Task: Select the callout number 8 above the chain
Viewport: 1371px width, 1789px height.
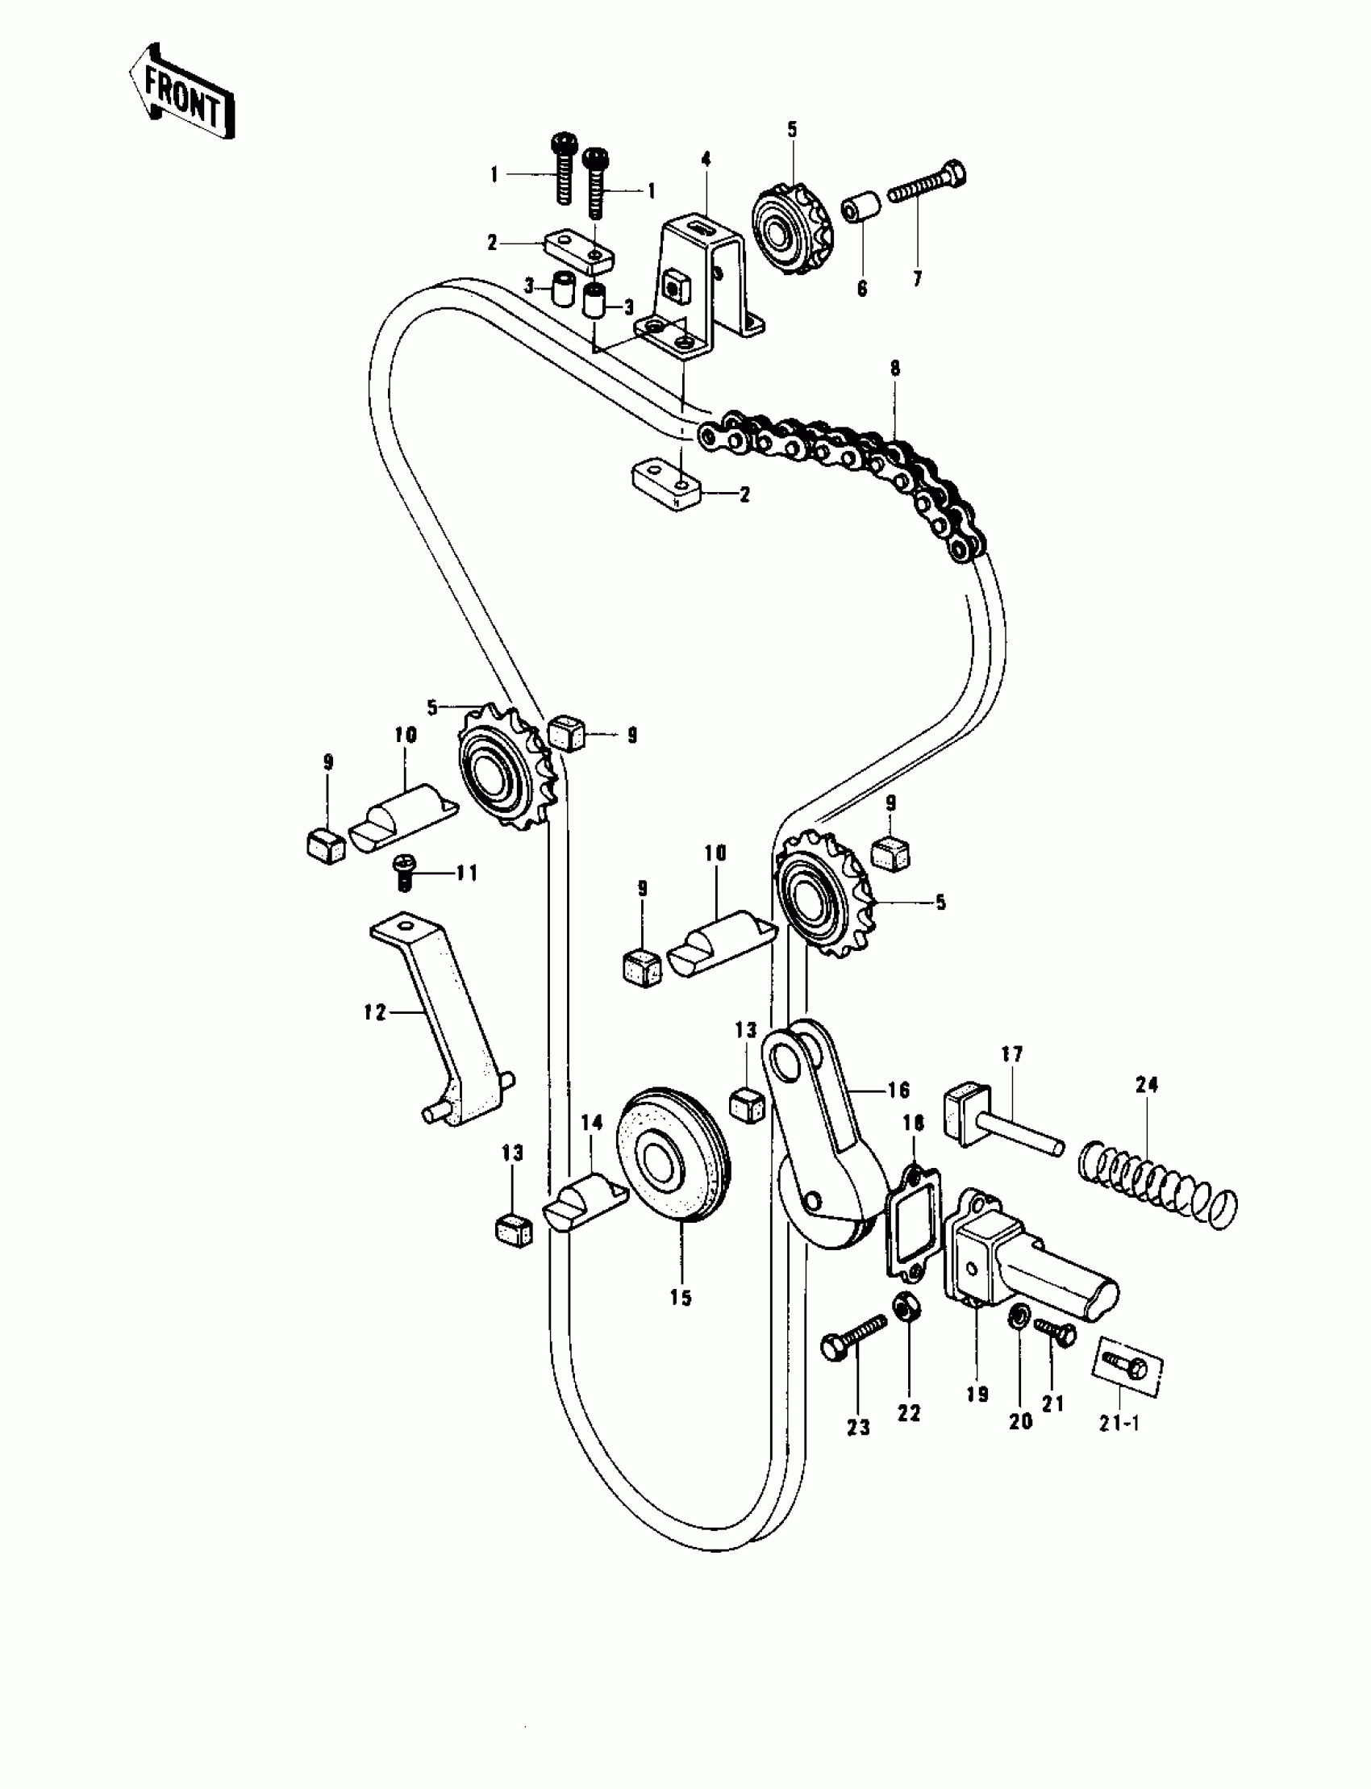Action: (x=895, y=368)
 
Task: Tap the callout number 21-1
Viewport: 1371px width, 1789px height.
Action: (x=1119, y=1424)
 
